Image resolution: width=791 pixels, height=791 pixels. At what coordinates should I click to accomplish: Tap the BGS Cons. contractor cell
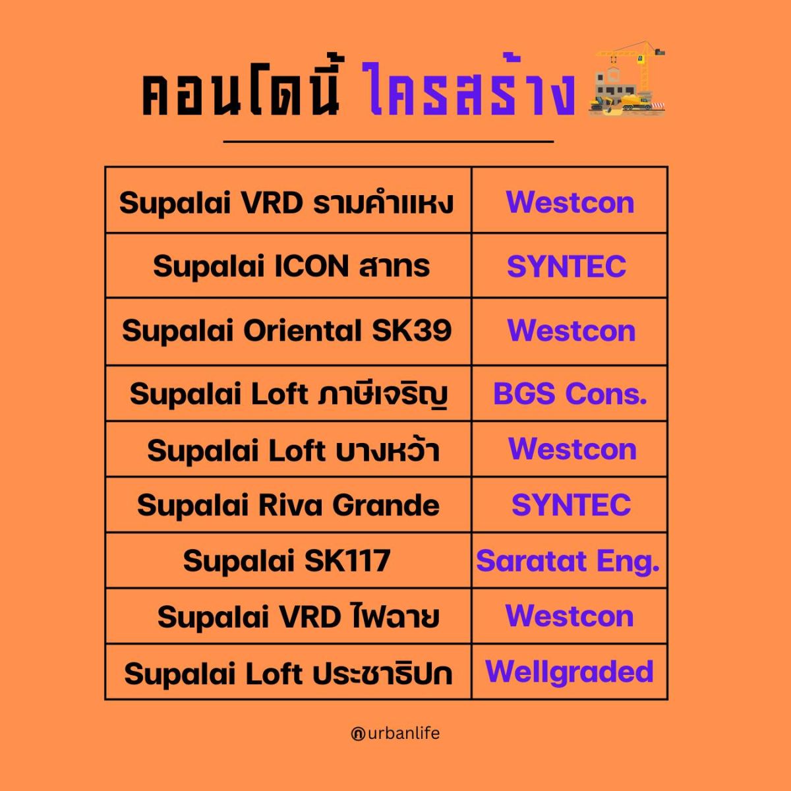(x=570, y=394)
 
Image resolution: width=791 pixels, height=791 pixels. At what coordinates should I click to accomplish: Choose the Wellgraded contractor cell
(x=569, y=672)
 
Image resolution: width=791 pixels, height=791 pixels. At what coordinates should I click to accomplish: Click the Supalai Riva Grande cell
(x=288, y=505)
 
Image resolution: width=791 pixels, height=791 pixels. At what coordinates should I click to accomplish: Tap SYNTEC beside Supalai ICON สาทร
(x=566, y=266)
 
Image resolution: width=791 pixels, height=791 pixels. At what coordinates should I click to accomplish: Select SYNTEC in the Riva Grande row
(x=571, y=504)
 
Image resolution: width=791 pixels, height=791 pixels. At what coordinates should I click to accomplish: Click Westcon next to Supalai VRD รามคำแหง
(x=570, y=202)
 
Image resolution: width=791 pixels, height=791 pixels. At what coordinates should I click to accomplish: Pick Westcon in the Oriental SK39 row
(x=571, y=330)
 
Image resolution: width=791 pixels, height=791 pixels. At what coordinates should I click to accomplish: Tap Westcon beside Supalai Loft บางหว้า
(x=572, y=449)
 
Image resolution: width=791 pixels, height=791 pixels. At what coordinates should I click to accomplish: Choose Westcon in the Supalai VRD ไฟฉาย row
(x=570, y=616)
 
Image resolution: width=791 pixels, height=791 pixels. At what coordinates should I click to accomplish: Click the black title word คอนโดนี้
(x=241, y=88)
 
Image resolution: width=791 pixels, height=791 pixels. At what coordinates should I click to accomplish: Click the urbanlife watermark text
(x=395, y=733)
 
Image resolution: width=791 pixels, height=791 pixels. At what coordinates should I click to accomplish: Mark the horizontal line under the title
(x=388, y=142)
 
